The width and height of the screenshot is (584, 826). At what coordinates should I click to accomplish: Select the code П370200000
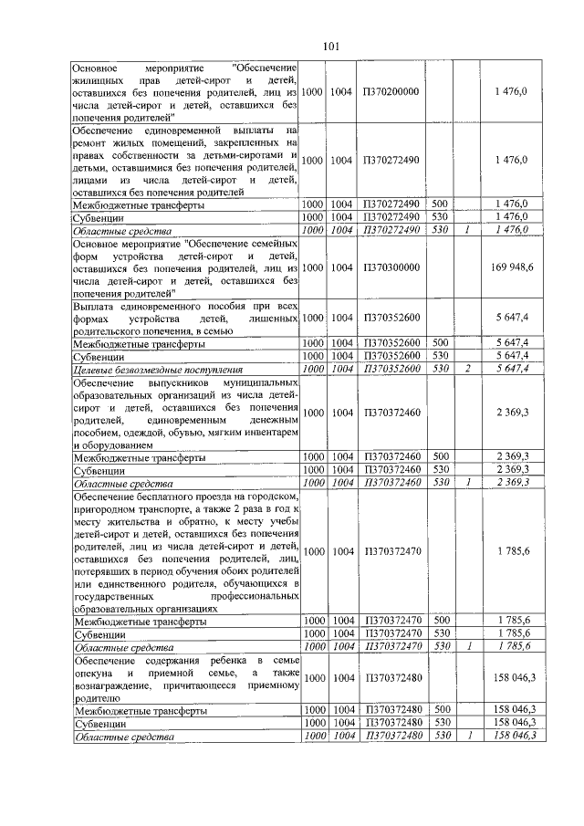pos(391,92)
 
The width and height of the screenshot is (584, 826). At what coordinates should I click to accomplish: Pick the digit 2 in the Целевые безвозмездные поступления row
pos(466,368)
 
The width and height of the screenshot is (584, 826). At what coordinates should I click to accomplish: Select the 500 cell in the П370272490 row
pos(439,205)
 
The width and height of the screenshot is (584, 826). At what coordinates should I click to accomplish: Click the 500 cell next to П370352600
pos(439,342)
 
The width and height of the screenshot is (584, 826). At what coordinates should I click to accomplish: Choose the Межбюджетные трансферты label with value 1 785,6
pos(139,621)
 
